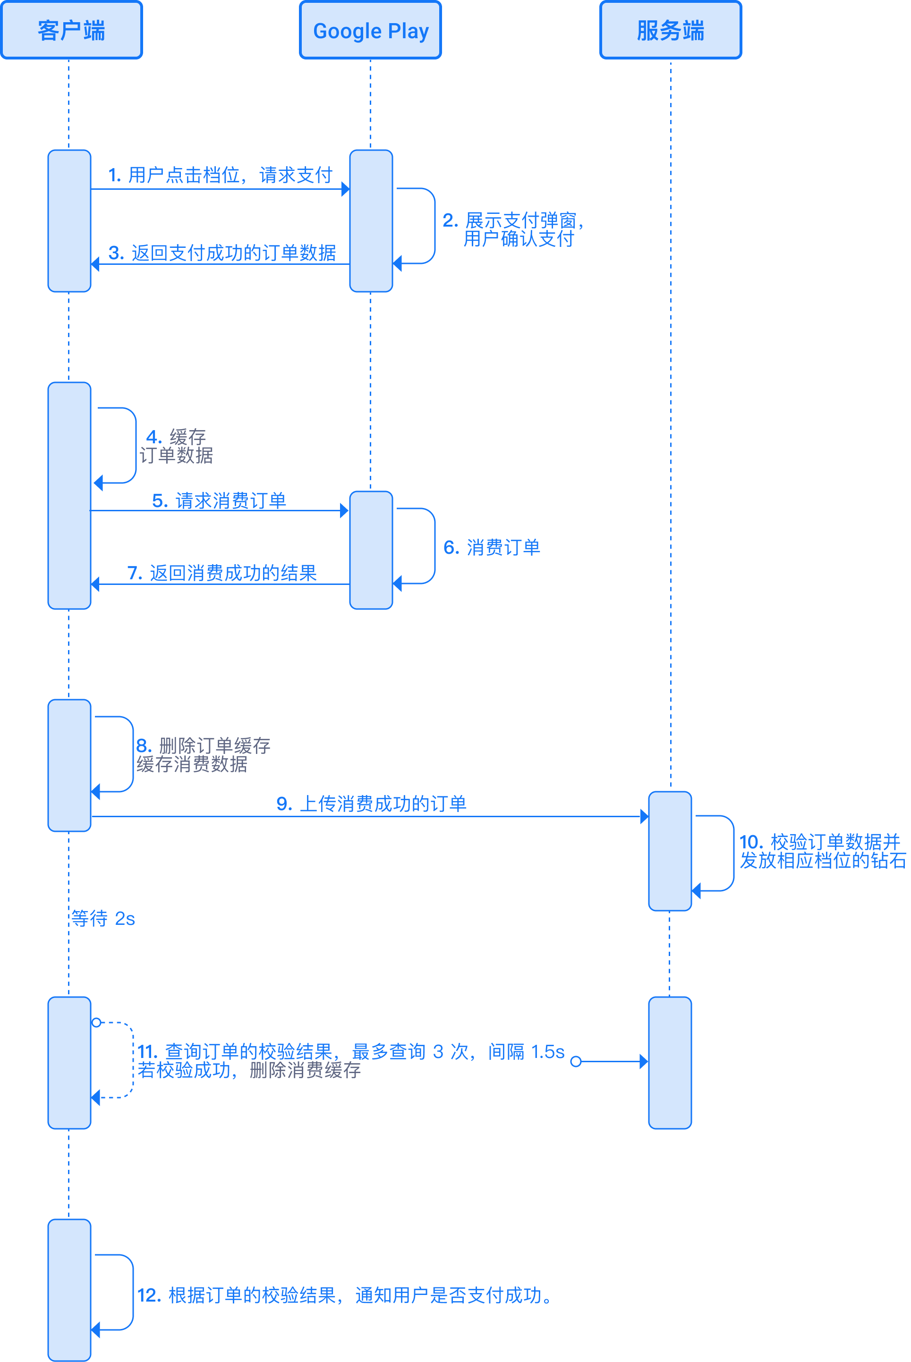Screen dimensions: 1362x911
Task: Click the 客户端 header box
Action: click(x=71, y=30)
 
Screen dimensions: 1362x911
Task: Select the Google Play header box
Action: click(x=371, y=30)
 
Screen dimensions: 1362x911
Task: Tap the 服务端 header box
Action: click(x=671, y=30)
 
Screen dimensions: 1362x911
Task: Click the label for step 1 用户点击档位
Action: click(x=220, y=175)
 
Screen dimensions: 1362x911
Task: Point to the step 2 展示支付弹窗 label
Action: click(x=512, y=229)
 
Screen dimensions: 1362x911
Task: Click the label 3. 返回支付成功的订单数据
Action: click(x=222, y=253)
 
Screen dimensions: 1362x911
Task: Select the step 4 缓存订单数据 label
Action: click(x=176, y=446)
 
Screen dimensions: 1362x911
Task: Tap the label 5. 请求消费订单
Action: click(x=219, y=500)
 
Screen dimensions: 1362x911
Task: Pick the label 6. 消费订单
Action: click(x=492, y=547)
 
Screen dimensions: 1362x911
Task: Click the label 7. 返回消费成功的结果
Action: click(x=222, y=573)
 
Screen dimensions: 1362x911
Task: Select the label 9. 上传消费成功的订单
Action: click(x=371, y=804)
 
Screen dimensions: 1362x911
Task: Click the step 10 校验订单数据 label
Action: click(x=822, y=851)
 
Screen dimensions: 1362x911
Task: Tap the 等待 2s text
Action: click(x=103, y=919)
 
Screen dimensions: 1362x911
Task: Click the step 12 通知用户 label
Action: click(x=345, y=1295)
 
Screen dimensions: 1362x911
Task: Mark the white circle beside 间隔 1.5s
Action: click(x=576, y=1062)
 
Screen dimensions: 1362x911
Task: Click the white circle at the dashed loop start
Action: click(x=96, y=1022)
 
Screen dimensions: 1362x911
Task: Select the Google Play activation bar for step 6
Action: click(x=371, y=550)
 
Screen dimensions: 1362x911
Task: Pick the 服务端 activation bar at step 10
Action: click(x=670, y=851)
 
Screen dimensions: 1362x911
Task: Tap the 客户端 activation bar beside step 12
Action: click(x=69, y=1289)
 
